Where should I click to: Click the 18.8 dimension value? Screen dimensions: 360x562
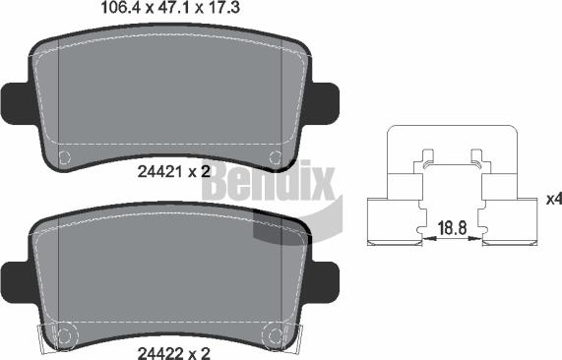tap(451, 227)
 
